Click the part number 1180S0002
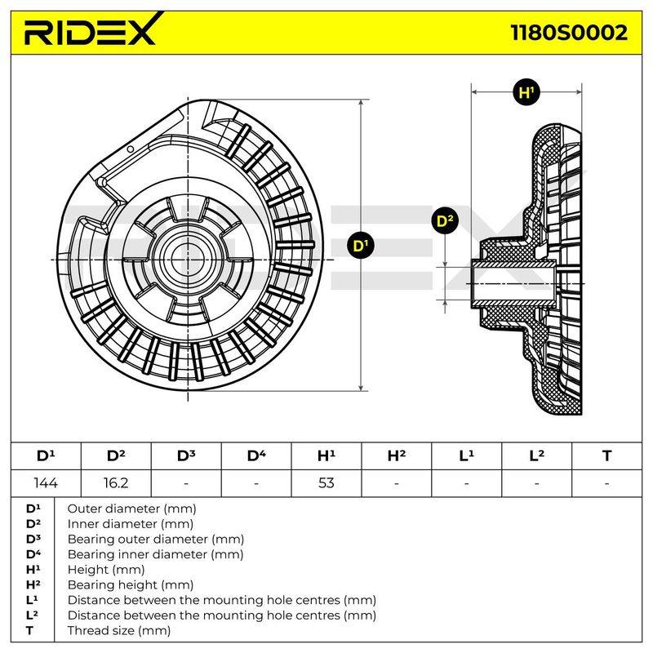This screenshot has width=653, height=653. (569, 33)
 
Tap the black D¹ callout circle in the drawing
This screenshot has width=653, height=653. (361, 246)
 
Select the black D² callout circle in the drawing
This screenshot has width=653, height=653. (445, 220)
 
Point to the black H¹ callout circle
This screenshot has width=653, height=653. (526, 92)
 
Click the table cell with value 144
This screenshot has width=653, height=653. (46, 483)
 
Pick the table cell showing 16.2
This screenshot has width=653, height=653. (116, 483)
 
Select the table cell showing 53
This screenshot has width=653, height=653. (326, 483)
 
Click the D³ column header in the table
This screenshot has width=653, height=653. (186, 456)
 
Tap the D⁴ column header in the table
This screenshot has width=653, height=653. (256, 456)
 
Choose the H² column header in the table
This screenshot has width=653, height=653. (397, 456)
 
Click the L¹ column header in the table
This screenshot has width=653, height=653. (466, 456)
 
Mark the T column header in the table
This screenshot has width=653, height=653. (606, 456)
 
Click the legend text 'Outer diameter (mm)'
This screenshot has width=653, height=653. (131, 509)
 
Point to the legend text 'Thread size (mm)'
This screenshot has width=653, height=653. (119, 630)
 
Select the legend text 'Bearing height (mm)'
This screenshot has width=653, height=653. (131, 584)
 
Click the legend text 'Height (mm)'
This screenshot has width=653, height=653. (106, 569)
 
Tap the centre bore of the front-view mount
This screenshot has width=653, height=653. (188, 260)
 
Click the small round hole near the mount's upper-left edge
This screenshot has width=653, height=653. (131, 149)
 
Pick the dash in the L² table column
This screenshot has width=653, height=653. (536, 483)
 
